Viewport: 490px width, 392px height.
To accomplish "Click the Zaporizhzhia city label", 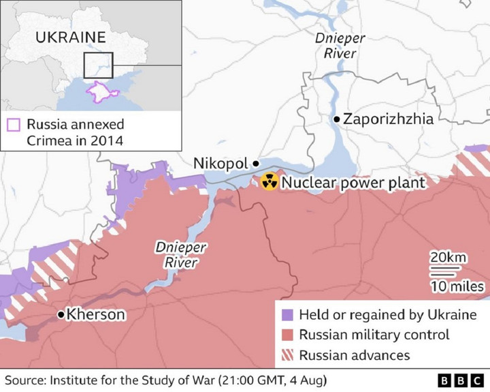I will (x=388, y=119).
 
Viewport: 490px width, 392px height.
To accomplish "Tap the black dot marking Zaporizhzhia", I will (x=336, y=119).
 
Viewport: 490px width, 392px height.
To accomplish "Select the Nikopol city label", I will (x=221, y=164).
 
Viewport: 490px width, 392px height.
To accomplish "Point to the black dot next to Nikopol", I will (x=256, y=164).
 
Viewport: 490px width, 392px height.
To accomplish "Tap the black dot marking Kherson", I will (x=61, y=314).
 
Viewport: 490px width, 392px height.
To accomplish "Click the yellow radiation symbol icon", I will (x=269, y=182).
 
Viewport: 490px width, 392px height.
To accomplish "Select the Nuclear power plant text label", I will (x=353, y=183).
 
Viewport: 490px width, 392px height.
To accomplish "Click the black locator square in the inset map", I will (x=98, y=65).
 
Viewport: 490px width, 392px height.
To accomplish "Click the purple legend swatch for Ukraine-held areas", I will (x=287, y=315).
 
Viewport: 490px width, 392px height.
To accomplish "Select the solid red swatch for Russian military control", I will (x=287, y=335).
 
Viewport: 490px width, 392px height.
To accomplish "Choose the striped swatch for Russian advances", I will (x=287, y=355).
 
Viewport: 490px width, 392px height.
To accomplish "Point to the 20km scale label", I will (x=447, y=257).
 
